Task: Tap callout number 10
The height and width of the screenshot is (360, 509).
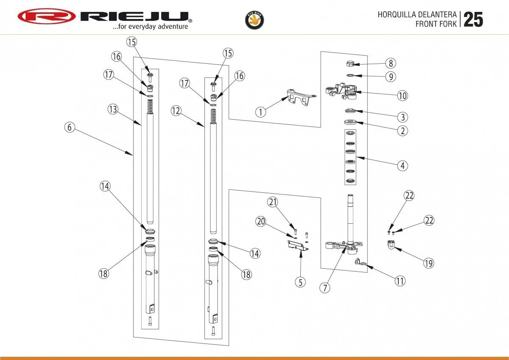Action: pos(402,96)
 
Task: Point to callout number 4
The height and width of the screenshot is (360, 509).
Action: pos(402,165)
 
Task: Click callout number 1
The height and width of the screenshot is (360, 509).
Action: pos(261,112)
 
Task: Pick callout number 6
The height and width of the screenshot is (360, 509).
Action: pos(70,127)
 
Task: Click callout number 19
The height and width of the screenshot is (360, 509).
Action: pos(428,263)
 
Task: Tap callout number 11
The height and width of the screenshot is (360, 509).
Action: pos(400,281)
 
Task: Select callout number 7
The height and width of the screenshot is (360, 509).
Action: pos(325,287)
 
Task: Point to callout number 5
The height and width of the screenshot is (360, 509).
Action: pos(300,282)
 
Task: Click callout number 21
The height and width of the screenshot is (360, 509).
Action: pos(273,202)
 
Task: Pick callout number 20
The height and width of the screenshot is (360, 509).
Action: pos(260,221)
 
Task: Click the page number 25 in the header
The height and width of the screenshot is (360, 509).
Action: pos(473,20)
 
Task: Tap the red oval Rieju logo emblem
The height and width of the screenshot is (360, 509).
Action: pos(47,17)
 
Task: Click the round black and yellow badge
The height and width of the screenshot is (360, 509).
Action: pos(255,20)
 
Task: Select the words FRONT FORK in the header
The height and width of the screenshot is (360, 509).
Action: pos(436,24)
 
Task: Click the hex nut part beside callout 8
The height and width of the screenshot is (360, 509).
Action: pos(350,64)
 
